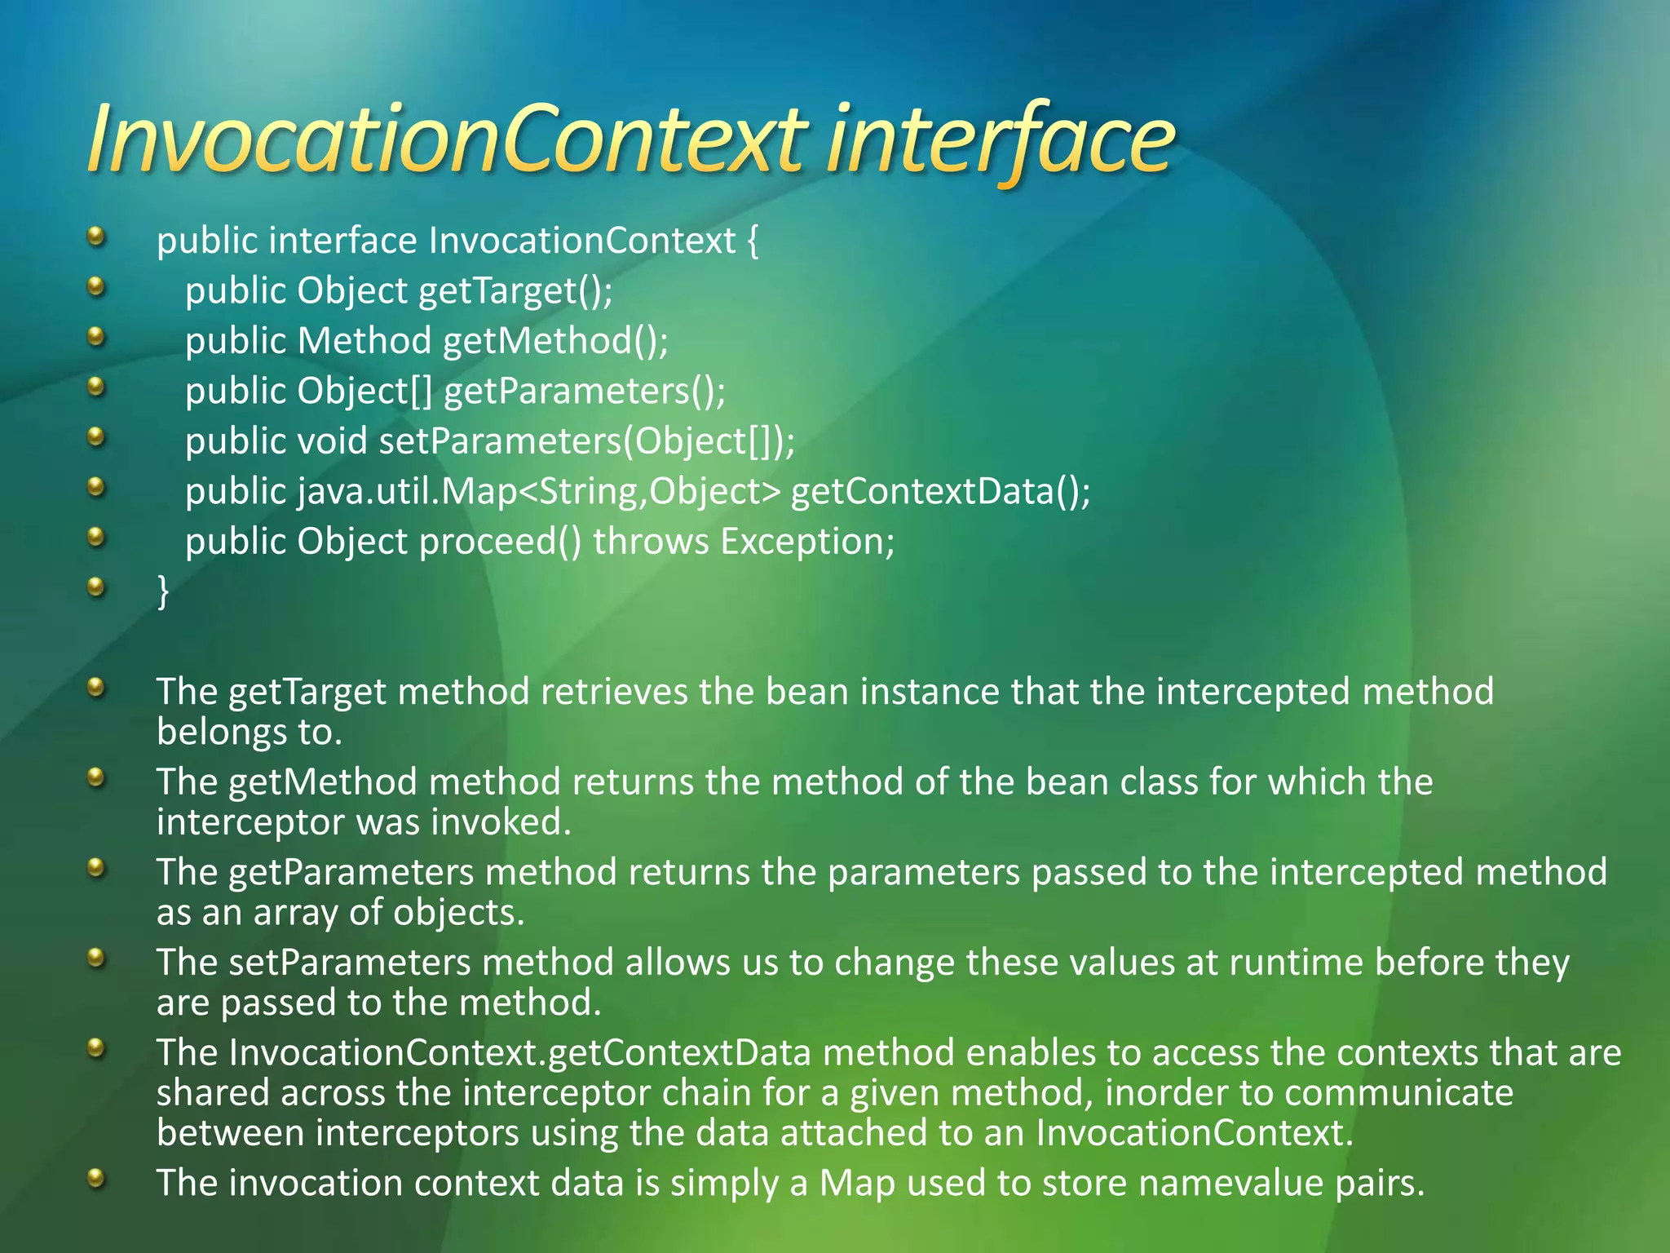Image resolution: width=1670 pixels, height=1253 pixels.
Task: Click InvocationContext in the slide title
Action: [448, 140]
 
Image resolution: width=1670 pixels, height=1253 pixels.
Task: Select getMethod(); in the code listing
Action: [555, 341]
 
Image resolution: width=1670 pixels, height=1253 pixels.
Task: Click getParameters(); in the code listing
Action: [585, 391]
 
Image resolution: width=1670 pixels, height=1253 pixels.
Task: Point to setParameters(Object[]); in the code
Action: [587, 441]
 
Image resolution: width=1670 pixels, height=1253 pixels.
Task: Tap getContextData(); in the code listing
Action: [940, 491]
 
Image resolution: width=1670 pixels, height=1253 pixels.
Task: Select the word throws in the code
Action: [651, 542]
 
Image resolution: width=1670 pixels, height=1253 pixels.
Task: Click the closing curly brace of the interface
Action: [163, 590]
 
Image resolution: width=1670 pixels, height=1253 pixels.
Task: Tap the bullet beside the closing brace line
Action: [96, 587]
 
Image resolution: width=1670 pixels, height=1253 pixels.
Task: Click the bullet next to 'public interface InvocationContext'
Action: [96, 237]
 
